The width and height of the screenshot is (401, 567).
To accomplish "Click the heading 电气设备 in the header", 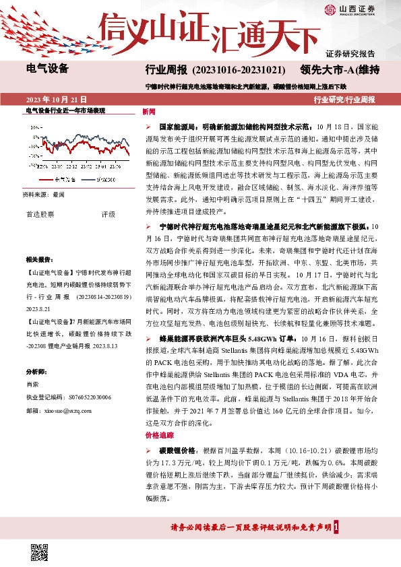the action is [x=47, y=68].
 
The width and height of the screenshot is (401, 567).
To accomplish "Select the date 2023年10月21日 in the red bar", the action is [x=57, y=99].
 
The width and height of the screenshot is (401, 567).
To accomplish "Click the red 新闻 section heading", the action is [x=149, y=112].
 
